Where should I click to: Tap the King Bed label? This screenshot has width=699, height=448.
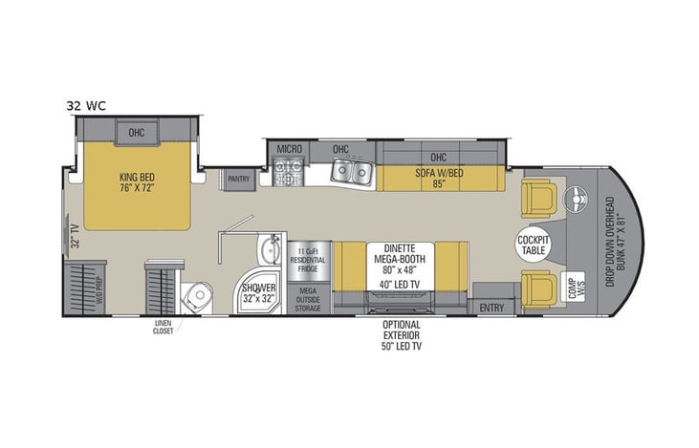point(137,181)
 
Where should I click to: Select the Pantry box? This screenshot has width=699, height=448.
point(238,179)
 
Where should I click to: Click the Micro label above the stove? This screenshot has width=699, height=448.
point(290,150)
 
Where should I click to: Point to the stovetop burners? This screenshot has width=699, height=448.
point(289,171)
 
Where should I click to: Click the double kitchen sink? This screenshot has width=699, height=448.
point(352,172)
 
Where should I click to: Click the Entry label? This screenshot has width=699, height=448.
point(491,307)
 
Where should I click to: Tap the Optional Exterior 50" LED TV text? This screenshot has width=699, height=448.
point(402,335)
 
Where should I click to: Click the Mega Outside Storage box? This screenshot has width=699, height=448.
point(309,297)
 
